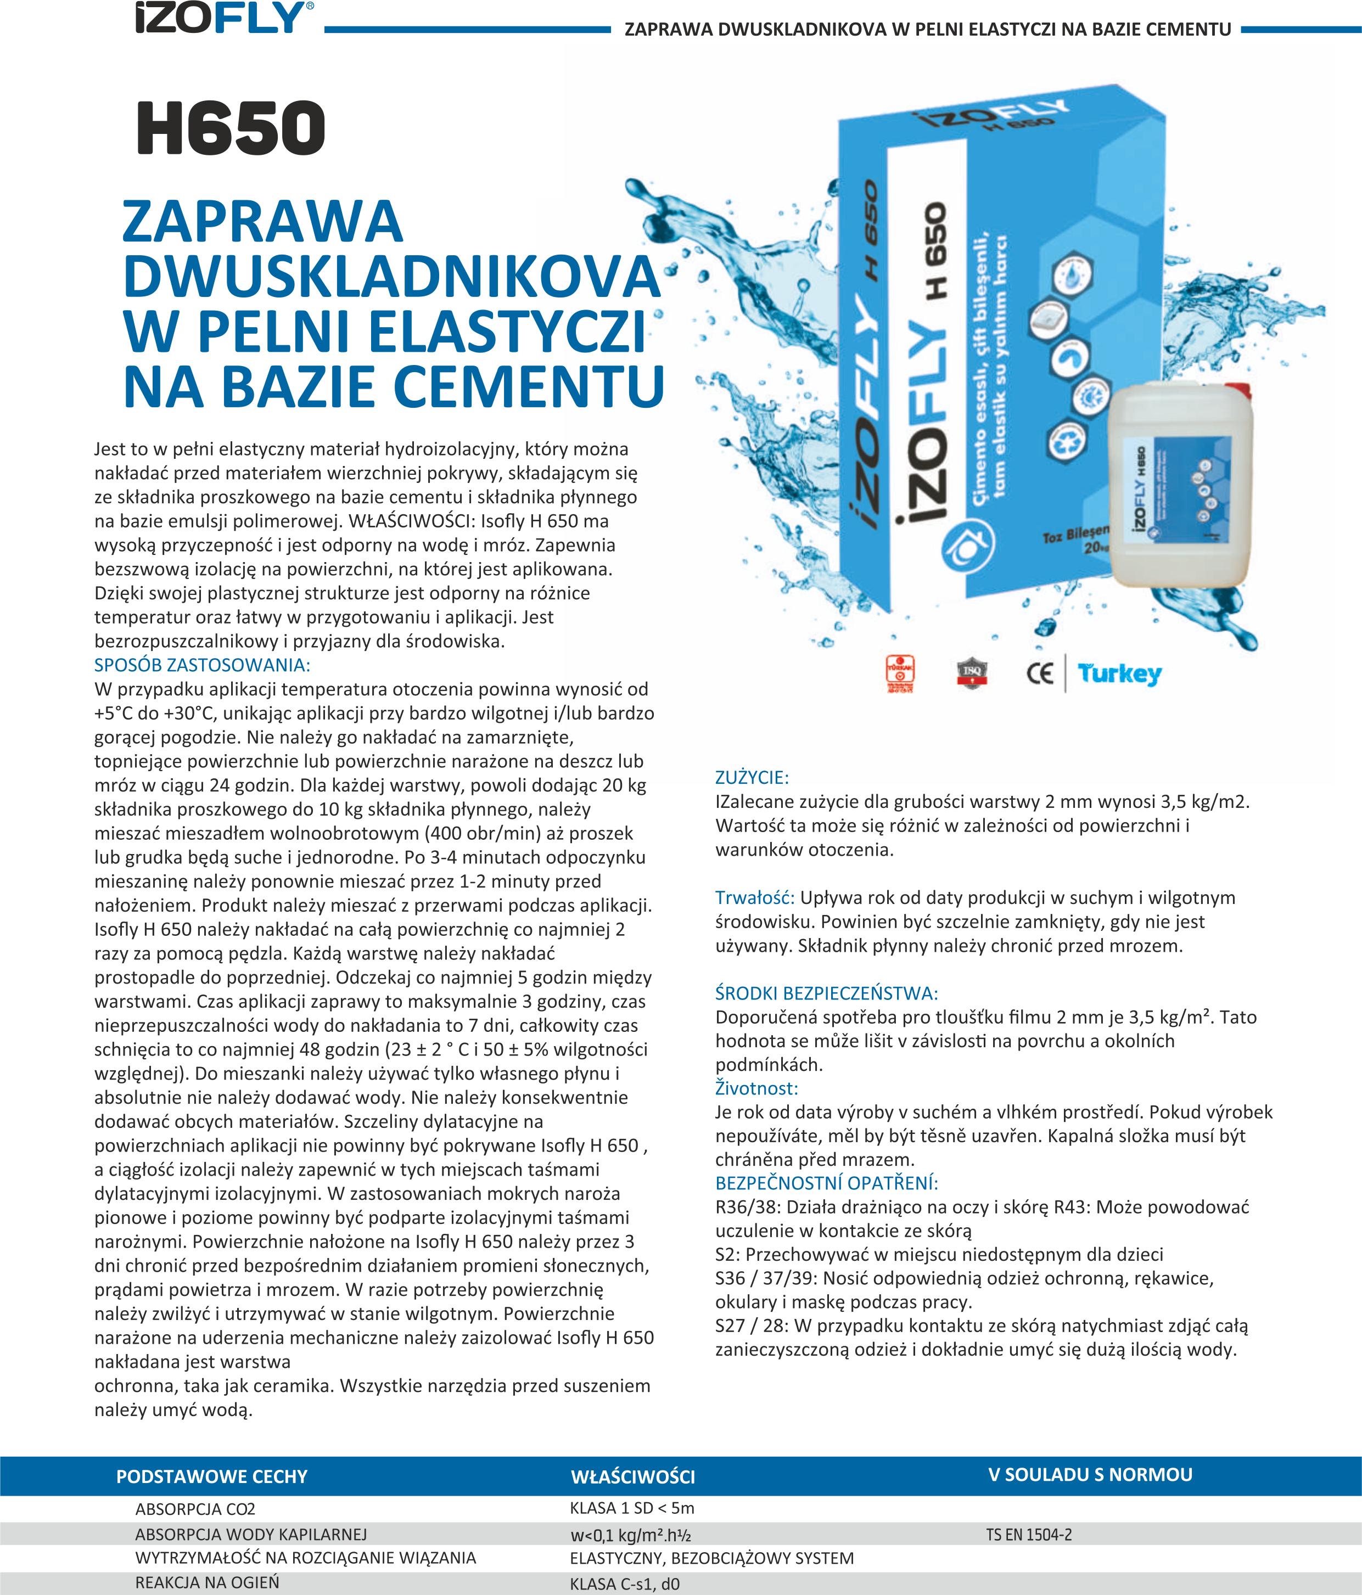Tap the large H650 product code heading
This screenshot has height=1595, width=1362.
231,128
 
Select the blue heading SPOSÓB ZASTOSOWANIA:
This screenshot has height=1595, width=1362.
201,665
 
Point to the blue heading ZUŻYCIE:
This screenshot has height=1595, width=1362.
752,778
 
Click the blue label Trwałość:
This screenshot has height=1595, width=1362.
754,897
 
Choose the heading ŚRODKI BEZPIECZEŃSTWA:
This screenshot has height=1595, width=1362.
826,993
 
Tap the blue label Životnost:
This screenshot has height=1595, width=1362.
756,1088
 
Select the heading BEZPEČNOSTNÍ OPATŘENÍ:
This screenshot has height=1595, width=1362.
826,1183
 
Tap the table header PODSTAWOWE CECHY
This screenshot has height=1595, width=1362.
212,1476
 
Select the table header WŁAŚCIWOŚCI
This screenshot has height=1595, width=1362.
633,1476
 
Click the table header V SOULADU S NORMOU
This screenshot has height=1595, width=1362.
1090,1475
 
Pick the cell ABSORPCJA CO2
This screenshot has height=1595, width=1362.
195,1509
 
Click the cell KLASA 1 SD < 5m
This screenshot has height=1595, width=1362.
632,1508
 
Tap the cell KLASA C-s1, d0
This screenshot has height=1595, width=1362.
624,1584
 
